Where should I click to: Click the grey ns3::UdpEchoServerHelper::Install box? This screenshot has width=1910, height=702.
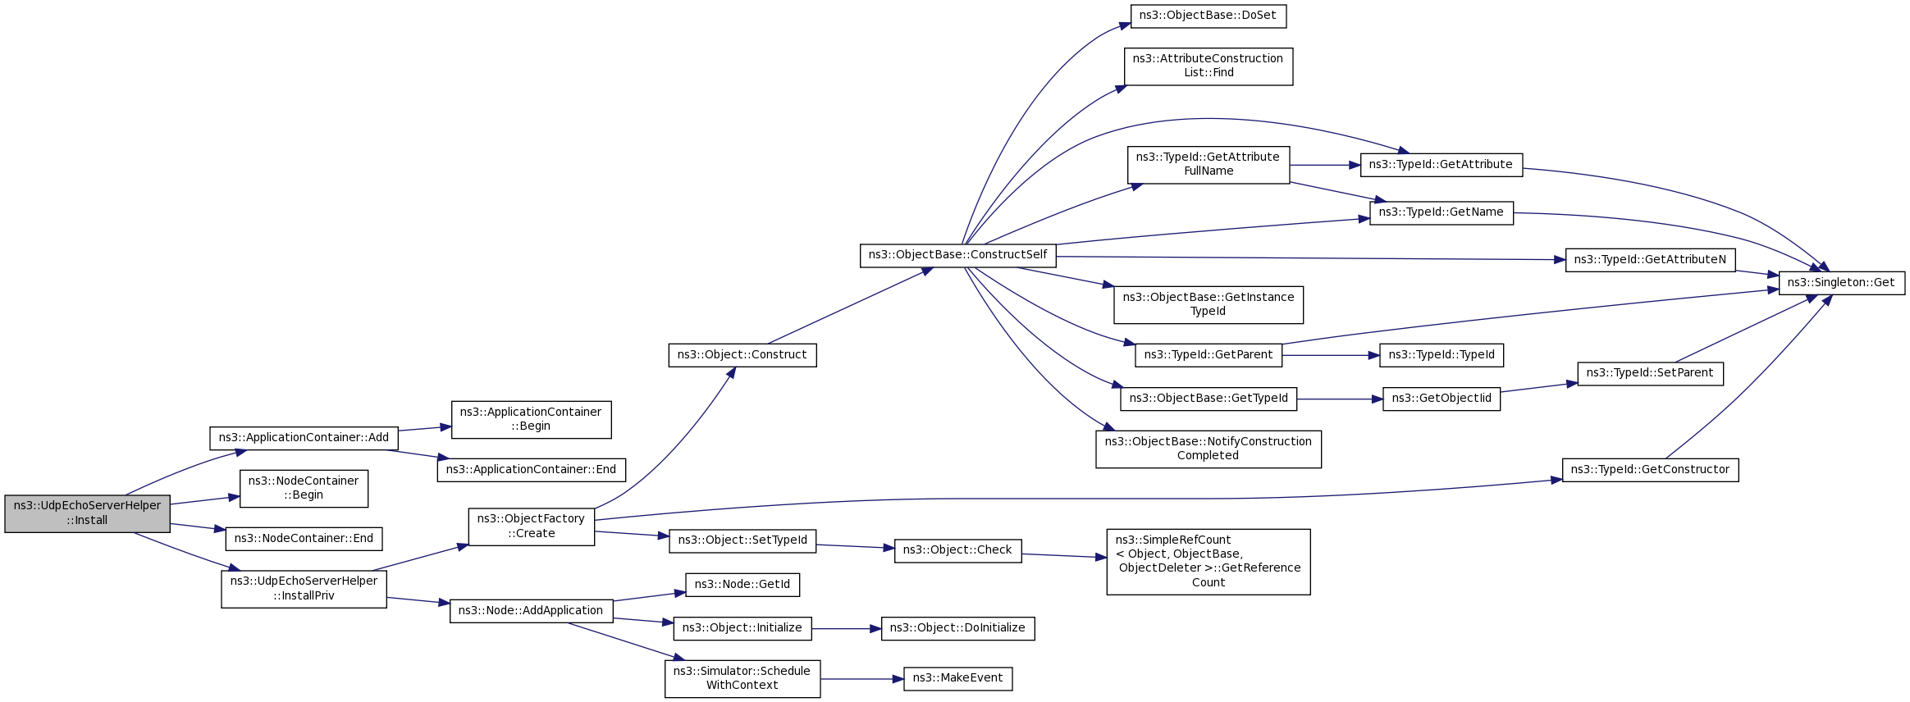pyautogui.click(x=87, y=513)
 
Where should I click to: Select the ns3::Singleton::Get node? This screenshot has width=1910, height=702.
pyautogui.click(x=1841, y=283)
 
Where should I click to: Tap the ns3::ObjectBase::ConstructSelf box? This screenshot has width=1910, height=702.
pyautogui.click(x=957, y=255)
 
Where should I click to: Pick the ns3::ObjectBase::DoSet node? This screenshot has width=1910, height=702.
pyautogui.click(x=1208, y=16)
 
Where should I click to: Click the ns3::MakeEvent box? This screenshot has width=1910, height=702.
pyautogui.click(x=957, y=678)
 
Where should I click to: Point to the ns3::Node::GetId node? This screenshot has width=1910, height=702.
pyautogui.click(x=742, y=585)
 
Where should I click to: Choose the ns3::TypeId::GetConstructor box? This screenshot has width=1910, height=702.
pyautogui.click(x=1650, y=470)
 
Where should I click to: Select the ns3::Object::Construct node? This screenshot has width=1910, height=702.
pyautogui.click(x=742, y=355)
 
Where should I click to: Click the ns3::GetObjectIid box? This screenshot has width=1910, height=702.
pyautogui.click(x=1442, y=399)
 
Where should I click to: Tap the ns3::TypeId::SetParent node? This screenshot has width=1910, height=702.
pyautogui.click(x=1650, y=373)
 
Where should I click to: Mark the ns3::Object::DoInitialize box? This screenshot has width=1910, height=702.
pyautogui.click(x=957, y=628)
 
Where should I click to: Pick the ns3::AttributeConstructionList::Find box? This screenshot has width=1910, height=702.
pyautogui.click(x=1208, y=66)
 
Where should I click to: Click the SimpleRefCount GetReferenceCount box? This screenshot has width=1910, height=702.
pyautogui.click(x=1208, y=562)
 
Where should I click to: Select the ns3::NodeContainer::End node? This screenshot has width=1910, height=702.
pyautogui.click(x=304, y=539)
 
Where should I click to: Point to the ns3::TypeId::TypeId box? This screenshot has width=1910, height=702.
pyautogui.click(x=1442, y=355)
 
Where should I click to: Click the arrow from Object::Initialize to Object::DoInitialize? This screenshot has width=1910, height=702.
pyautogui.click(x=846, y=629)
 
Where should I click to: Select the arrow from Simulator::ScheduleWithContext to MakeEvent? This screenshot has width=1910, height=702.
pyautogui.click(x=861, y=679)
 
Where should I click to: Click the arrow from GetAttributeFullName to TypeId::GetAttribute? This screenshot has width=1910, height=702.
pyautogui.click(x=1325, y=166)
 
